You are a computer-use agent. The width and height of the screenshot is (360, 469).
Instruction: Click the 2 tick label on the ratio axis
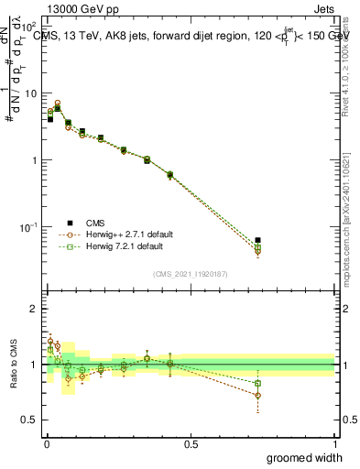point(34,310)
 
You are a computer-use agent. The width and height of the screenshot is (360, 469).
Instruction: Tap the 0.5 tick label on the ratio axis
point(29,420)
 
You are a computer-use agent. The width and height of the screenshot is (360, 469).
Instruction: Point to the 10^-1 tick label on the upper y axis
point(30,226)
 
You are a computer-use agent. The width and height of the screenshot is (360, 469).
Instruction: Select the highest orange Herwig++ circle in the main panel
point(58,104)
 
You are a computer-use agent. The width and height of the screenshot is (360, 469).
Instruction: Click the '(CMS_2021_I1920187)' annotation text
point(190,273)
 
